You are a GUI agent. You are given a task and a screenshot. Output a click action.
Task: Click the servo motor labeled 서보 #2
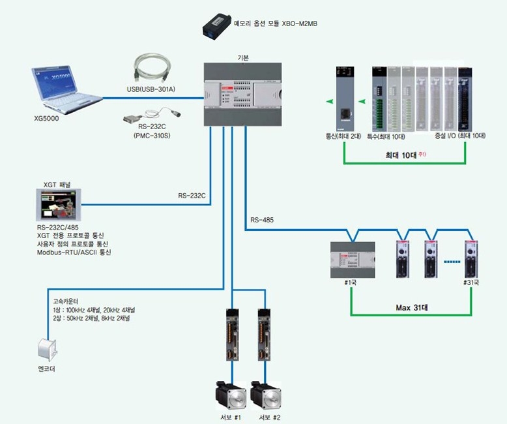[x=267, y=394]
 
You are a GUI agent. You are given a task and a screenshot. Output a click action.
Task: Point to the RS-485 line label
[x=262, y=220]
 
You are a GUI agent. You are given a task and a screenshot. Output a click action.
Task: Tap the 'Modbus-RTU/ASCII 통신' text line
[x=74, y=252]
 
